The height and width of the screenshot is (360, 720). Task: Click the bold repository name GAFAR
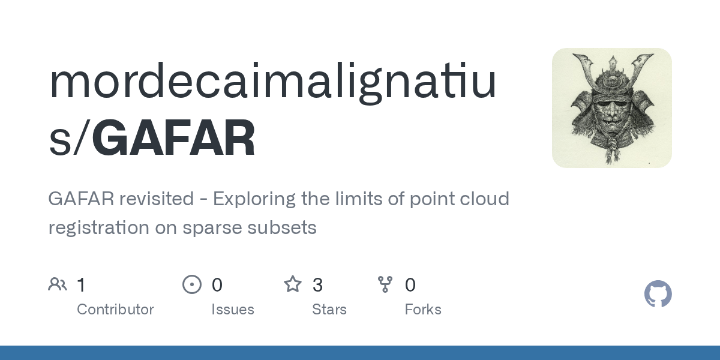[x=173, y=139]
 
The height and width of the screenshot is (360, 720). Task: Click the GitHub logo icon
[x=658, y=294]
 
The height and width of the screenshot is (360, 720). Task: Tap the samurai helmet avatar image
[x=611, y=108]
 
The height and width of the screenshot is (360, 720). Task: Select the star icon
[x=293, y=284]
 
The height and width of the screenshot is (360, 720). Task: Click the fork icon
[x=385, y=284]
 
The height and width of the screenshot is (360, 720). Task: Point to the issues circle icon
[x=191, y=284]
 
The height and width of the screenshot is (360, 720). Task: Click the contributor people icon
[x=58, y=284]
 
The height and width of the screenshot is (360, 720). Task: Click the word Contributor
[x=115, y=310]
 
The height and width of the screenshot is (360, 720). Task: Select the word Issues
[x=233, y=310]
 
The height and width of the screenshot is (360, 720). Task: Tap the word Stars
[x=329, y=310]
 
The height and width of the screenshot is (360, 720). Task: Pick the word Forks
[x=423, y=310]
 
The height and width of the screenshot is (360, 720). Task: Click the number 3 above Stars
[x=317, y=285]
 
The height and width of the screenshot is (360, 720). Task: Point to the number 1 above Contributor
[x=82, y=285]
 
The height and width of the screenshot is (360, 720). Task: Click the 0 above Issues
[x=217, y=285]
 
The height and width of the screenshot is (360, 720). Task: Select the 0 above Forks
[x=410, y=285]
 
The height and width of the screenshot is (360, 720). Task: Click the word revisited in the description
[x=156, y=199]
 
